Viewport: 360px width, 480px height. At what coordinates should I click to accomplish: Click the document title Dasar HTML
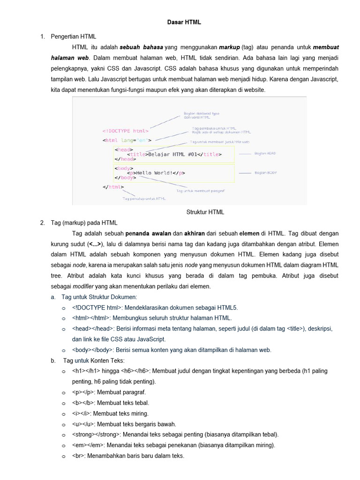(184, 22)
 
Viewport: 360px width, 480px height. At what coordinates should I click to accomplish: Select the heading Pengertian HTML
(73, 36)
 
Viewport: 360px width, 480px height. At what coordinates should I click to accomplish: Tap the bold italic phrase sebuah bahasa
(141, 47)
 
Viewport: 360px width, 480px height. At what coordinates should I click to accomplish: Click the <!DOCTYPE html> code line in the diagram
(125, 131)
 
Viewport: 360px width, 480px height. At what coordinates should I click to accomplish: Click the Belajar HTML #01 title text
(175, 154)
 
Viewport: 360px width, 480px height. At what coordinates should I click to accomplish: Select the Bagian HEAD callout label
(265, 154)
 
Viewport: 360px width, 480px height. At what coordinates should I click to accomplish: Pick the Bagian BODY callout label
(265, 173)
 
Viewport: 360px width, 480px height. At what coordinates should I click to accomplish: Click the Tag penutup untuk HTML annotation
(144, 199)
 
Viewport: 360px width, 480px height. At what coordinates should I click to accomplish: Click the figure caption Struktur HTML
(205, 212)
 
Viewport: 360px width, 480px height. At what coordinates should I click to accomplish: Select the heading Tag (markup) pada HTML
(84, 223)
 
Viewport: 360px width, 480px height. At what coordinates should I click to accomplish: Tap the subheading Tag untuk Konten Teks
(94, 360)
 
